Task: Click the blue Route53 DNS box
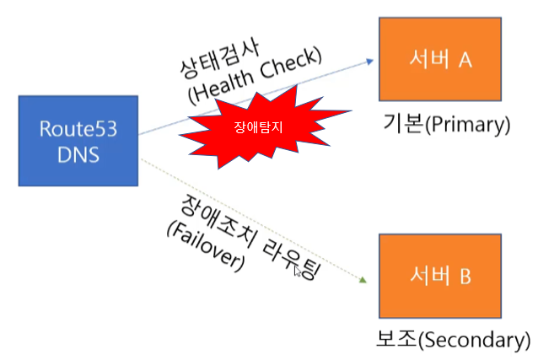click(x=77, y=141)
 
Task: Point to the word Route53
click(x=77, y=129)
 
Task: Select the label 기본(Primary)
click(x=446, y=125)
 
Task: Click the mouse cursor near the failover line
click(x=297, y=271)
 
